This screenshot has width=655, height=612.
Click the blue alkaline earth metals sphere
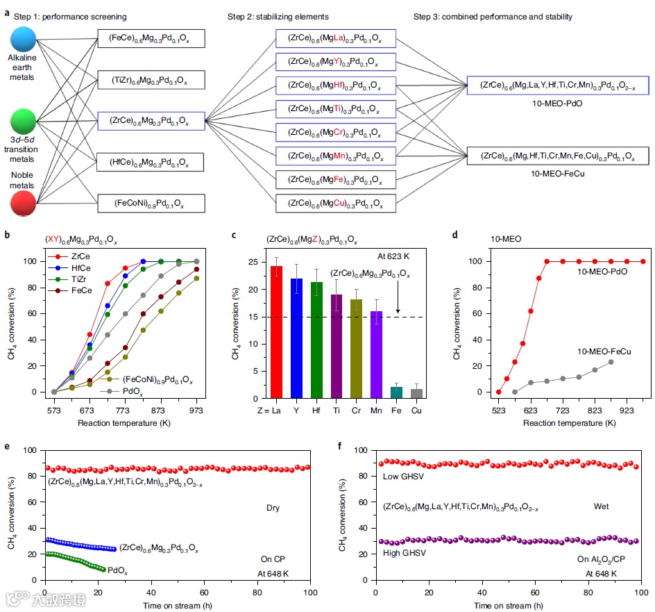click(24, 38)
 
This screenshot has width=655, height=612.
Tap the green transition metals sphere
click(24, 120)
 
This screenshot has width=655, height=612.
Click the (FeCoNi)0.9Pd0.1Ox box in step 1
click(151, 204)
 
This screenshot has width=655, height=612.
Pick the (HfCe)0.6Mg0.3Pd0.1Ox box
click(151, 163)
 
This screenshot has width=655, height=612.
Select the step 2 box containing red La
click(336, 39)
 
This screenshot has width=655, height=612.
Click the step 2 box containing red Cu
click(336, 204)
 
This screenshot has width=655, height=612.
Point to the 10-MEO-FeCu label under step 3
click(557, 173)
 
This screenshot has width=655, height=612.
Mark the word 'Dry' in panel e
click(273, 508)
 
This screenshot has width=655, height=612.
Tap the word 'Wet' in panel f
click(601, 506)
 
